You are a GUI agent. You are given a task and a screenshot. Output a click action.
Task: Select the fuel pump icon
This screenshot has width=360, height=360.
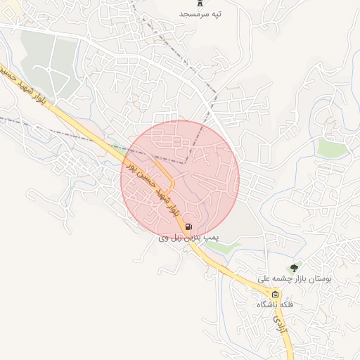click(x=188, y=227)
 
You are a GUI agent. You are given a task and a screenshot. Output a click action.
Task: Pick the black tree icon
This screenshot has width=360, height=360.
click(x=294, y=267)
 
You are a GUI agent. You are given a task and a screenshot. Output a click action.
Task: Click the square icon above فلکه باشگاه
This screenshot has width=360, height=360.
click(x=275, y=295)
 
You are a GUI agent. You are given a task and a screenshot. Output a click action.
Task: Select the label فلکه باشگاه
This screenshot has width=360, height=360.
click(x=275, y=305)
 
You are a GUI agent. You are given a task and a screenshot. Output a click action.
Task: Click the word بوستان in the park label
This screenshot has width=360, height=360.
click(x=316, y=279)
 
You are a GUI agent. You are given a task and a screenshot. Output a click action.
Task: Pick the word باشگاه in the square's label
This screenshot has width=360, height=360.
click(x=268, y=305)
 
